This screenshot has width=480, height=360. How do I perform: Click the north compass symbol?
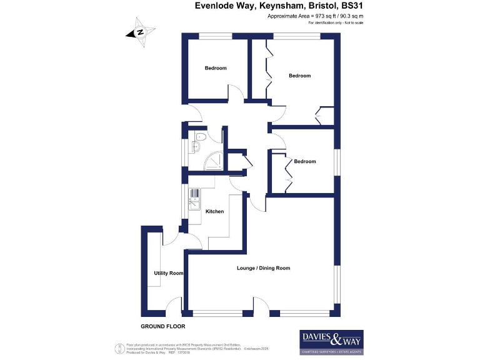[x=141, y=32]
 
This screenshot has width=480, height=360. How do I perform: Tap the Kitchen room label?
[x=214, y=212]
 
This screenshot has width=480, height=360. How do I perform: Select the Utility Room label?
[x=169, y=273]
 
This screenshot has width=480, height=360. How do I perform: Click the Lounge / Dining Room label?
[x=263, y=268]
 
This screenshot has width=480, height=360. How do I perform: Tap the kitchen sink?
[x=194, y=201]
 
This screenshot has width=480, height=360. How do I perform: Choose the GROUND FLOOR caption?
[x=162, y=326]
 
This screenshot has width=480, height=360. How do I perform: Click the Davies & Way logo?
[x=332, y=342]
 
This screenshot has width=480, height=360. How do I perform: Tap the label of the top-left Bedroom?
[x=216, y=68]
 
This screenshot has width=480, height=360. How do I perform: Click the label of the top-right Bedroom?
[x=299, y=76]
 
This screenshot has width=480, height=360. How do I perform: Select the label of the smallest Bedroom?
[x=304, y=161]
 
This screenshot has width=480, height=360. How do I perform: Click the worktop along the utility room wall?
[x=154, y=262]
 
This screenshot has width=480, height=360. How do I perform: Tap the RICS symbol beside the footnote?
[x=119, y=347]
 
